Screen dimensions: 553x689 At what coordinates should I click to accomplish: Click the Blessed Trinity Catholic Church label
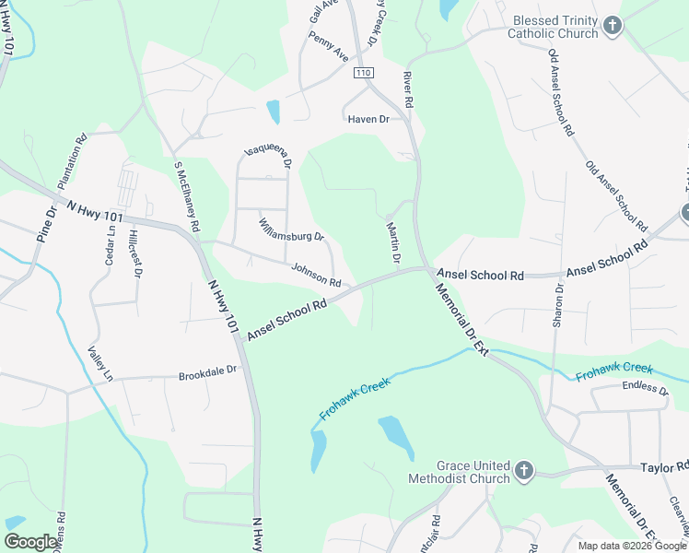[555, 27]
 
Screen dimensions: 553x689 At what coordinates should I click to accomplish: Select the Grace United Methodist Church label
[461, 472]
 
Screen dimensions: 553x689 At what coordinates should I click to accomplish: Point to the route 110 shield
[363, 73]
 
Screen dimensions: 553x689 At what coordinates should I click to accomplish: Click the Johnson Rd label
[316, 275]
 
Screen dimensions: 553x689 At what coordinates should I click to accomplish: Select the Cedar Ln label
[111, 246]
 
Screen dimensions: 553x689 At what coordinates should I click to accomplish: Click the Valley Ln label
[99, 364]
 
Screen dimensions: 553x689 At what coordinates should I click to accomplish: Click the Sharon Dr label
[558, 304]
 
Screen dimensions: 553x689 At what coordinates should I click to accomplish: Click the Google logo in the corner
[31, 542]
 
